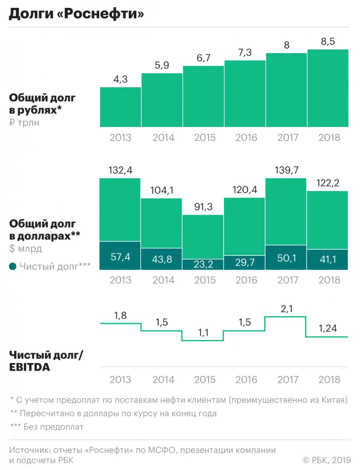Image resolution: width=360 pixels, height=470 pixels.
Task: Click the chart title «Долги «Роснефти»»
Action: [x=76, y=14]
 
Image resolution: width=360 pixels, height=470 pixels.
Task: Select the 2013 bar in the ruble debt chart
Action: [x=120, y=107]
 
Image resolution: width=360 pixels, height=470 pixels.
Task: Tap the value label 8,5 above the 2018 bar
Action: [x=328, y=42]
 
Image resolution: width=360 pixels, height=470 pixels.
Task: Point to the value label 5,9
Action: [x=162, y=65]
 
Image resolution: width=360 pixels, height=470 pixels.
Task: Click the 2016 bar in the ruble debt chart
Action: [x=245, y=94]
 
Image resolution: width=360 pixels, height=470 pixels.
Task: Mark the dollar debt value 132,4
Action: [x=121, y=171]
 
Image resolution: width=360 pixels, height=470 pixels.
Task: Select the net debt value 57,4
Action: [x=120, y=257]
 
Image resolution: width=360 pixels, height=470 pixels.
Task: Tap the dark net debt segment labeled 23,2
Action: [x=203, y=264]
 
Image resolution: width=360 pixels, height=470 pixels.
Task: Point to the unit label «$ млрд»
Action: [x=26, y=249]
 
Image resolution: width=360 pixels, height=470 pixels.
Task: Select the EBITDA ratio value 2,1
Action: [x=286, y=309]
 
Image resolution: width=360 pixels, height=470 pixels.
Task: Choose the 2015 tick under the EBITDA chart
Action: [x=205, y=380]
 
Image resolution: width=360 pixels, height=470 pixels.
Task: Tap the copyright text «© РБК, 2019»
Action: [x=326, y=460]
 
